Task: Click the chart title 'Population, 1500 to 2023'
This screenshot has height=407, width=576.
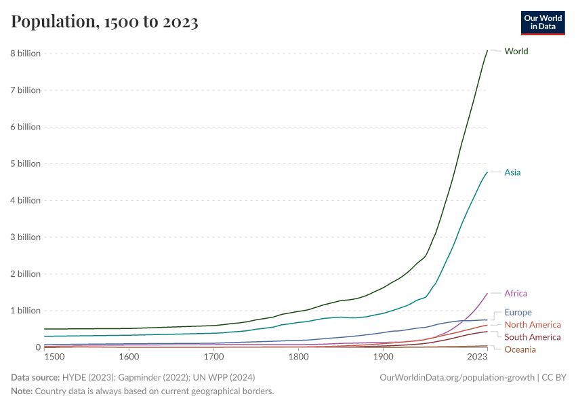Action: pos(104,22)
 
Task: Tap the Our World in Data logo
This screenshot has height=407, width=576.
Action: pos(542,22)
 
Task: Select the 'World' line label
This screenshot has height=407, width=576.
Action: pos(516,52)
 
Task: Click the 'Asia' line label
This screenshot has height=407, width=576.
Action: pos(512,172)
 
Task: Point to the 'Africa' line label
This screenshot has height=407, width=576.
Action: pos(516,294)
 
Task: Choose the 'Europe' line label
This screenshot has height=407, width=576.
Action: pos(518,313)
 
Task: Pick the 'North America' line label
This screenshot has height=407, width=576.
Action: pos(533,325)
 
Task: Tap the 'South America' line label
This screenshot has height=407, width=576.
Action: pos(533,337)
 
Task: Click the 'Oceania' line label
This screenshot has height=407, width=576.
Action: pos(520,349)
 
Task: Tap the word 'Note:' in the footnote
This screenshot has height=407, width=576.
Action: pos(22,391)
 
